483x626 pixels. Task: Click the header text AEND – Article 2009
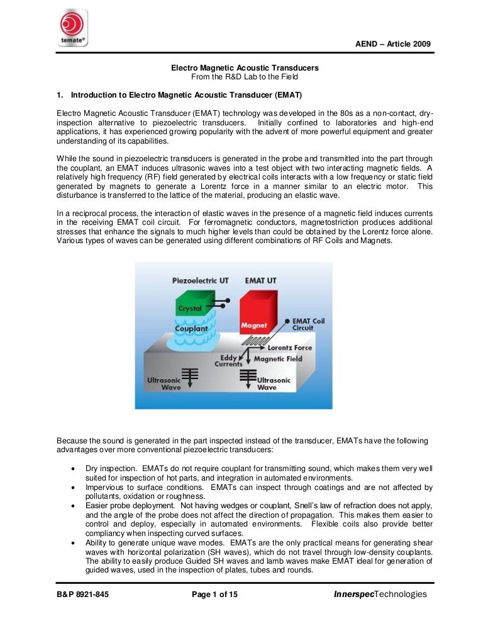click(392, 43)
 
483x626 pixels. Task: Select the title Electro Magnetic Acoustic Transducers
click(245, 67)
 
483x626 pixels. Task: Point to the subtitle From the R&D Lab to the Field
click(245, 76)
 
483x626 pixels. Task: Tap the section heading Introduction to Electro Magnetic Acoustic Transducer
click(186, 95)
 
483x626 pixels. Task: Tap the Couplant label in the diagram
click(191, 328)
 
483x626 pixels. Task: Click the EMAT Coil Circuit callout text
click(309, 324)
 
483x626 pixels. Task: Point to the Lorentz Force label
click(289, 347)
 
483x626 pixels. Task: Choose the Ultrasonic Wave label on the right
click(275, 384)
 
